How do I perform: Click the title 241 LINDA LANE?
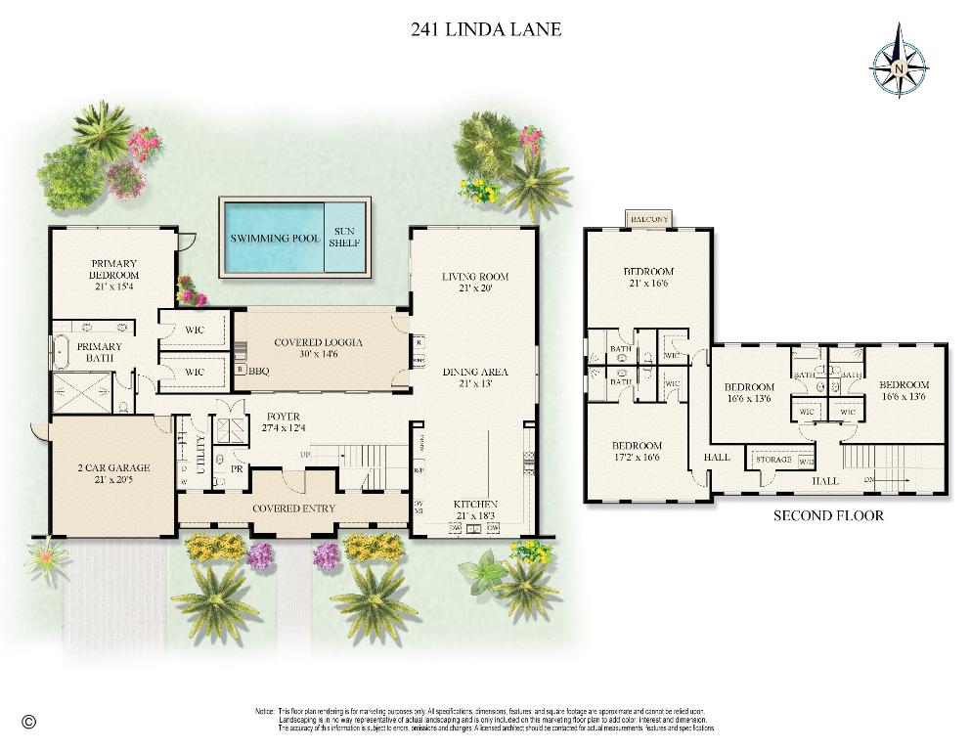486,29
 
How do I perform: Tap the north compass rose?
899,61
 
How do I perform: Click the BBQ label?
259,371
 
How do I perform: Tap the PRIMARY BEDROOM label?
114,269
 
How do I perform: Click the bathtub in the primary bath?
60,348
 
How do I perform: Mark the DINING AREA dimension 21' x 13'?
475,384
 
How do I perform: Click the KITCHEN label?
475,504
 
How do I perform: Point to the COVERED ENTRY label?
293,508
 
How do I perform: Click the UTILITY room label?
201,459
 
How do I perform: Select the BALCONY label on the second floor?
648,219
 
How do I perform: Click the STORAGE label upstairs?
773,459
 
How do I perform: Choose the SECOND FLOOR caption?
828,515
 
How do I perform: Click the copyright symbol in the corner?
28,722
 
